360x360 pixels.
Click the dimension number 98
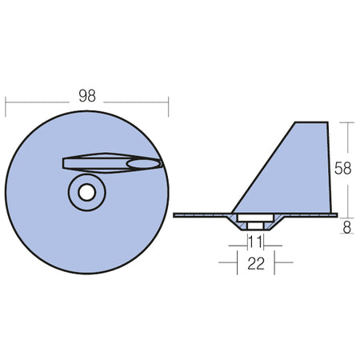pyautogui.click(x=87, y=96)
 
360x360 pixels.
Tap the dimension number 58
pyautogui.click(x=342, y=168)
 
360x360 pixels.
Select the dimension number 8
pyautogui.click(x=347, y=228)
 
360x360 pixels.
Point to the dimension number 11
pyautogui.click(x=255, y=242)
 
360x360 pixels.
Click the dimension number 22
pyautogui.click(x=256, y=263)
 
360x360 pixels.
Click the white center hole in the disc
pyautogui.click(x=87, y=192)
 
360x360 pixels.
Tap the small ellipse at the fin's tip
pyautogui.click(x=144, y=164)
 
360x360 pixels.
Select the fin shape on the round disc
pyautogui.click(x=112, y=163)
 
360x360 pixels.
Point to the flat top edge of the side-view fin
pyautogui.click(x=311, y=122)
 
